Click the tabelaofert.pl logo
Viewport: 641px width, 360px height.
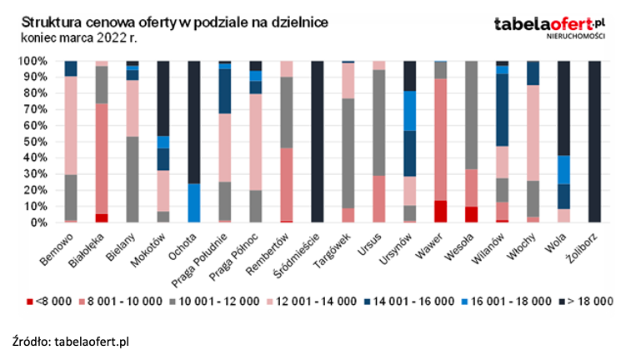(x=549, y=25)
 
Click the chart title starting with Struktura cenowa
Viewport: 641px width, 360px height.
(x=174, y=22)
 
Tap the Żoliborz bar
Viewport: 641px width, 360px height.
(x=594, y=142)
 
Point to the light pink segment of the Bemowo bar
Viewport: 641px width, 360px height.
(x=71, y=125)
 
